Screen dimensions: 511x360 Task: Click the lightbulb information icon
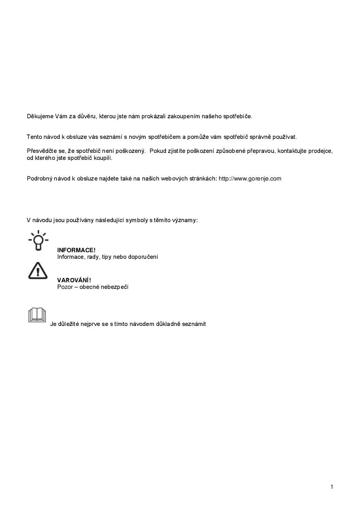coord(38,240)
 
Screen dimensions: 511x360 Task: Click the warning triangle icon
coord(38,270)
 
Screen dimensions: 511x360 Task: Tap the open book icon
coord(37,315)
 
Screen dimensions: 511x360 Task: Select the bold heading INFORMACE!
coord(76,250)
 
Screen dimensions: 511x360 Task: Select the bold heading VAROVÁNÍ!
coord(74,280)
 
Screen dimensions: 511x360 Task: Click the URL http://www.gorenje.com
coord(250,178)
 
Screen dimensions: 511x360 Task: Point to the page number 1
coord(332,487)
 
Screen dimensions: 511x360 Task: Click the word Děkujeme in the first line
coord(40,116)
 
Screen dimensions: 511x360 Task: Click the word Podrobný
coord(40,178)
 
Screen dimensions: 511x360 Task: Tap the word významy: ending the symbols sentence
coord(185,220)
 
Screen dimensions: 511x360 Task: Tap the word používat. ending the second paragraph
coord(285,137)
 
